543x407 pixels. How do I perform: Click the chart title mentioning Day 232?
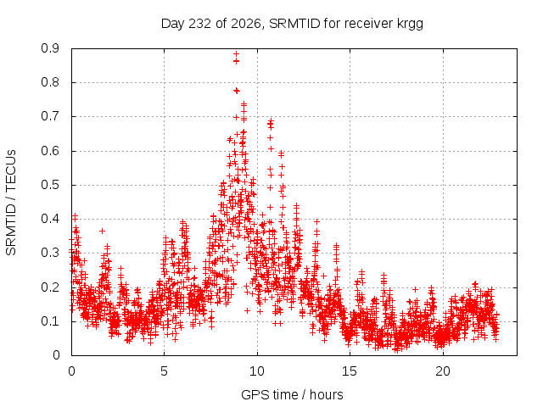(292, 24)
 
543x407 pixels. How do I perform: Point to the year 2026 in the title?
(246, 24)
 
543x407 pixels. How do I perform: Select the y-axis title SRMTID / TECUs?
(11, 203)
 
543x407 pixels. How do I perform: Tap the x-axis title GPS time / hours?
(292, 394)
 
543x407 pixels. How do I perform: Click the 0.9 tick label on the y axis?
(50, 48)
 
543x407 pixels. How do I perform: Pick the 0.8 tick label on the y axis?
(50, 82)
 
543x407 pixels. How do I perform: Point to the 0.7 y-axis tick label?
(50, 117)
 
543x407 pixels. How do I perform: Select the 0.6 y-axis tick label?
(50, 151)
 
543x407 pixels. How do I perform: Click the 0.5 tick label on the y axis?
(50, 185)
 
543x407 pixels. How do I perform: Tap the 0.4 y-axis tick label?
(50, 219)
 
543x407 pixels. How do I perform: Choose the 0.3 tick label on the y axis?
(50, 253)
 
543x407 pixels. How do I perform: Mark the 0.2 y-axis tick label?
(50, 287)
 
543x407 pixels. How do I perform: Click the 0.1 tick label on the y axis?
(50, 321)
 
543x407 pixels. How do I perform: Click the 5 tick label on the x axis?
(164, 371)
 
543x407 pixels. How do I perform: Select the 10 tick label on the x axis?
(257, 371)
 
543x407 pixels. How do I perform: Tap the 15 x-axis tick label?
(350, 371)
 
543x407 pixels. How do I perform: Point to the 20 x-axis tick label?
(443, 371)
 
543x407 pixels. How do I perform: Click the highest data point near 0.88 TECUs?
(236, 54)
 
